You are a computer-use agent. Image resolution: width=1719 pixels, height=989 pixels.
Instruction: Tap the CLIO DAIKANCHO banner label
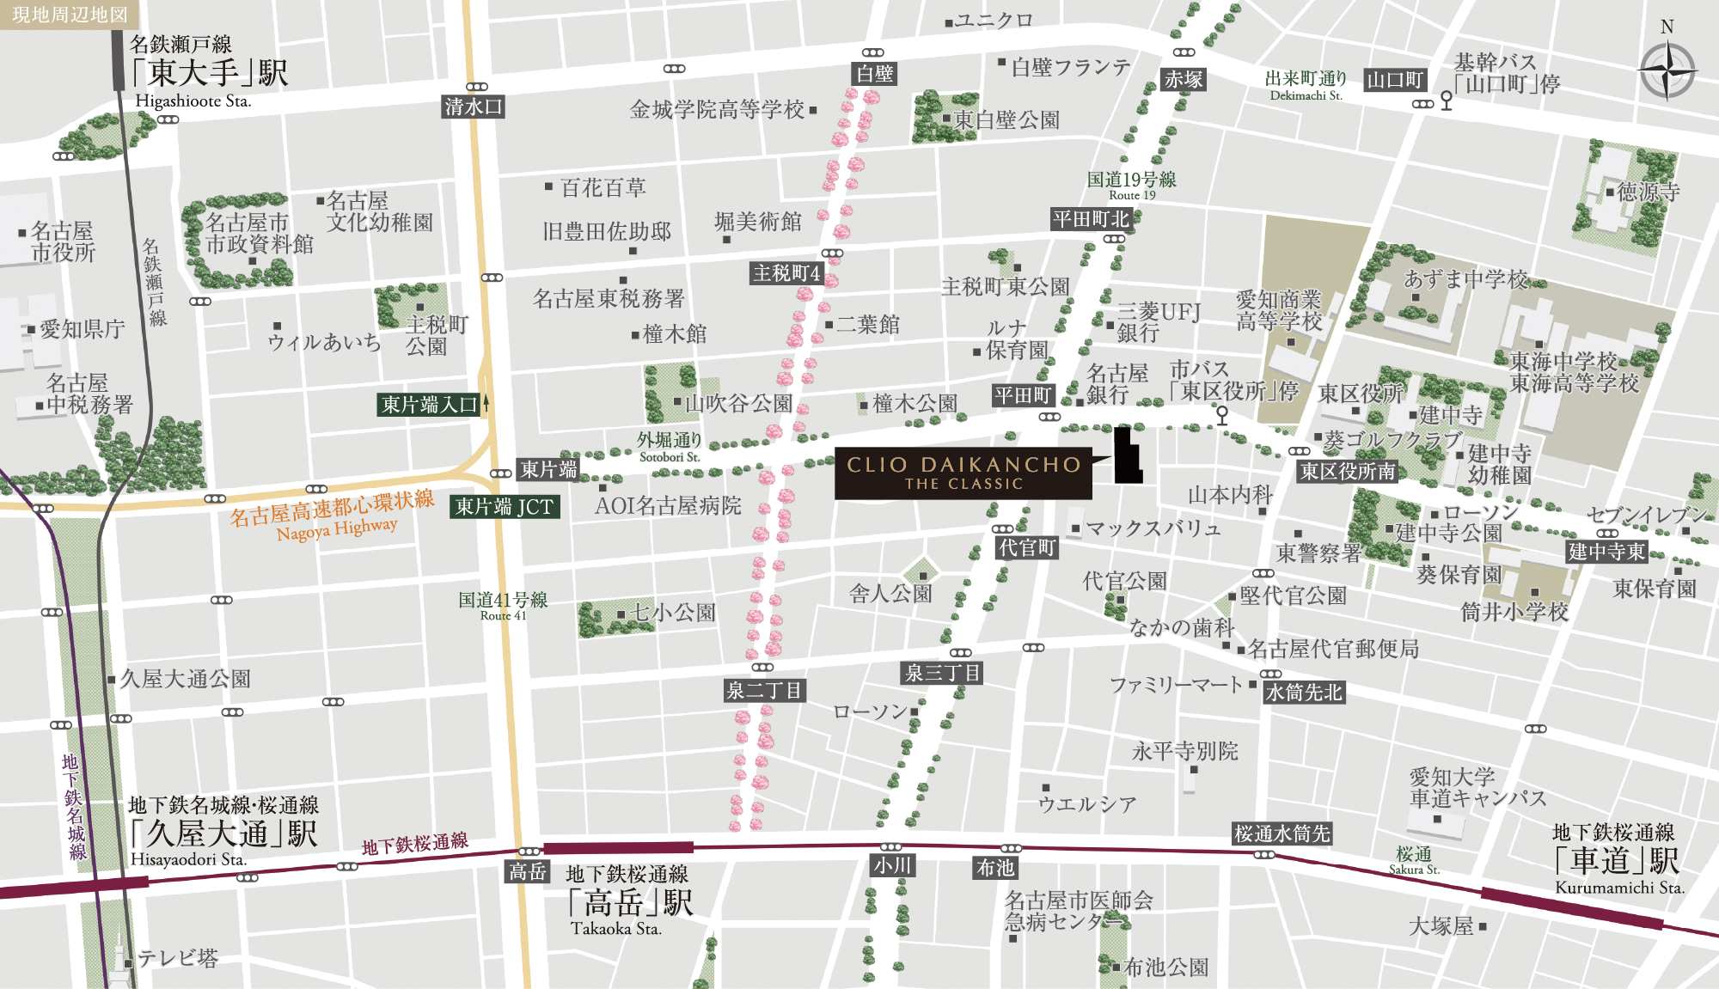tap(963, 473)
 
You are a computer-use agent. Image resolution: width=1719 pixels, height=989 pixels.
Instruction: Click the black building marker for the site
tap(1127, 456)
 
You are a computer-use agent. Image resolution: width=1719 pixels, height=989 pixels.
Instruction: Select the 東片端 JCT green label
tap(505, 507)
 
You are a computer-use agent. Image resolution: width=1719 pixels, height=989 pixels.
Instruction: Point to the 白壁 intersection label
tap(875, 74)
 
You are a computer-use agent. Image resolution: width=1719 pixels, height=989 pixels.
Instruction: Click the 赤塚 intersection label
tap(1184, 80)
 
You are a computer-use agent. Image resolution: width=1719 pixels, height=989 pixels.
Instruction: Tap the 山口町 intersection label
tap(1395, 81)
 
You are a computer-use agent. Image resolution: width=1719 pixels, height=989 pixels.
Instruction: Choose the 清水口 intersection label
tap(473, 107)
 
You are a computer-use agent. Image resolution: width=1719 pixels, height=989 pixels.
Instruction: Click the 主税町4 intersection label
tap(786, 273)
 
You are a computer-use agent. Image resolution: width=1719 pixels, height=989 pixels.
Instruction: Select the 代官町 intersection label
tap(1027, 547)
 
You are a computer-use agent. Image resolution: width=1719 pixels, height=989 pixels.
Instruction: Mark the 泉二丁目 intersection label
tap(764, 690)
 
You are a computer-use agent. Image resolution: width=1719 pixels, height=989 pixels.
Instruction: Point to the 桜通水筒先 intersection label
tap(1282, 833)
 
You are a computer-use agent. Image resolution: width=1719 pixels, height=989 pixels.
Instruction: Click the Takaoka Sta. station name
tap(615, 929)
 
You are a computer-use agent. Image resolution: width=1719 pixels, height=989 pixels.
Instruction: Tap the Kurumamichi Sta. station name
tap(1619, 888)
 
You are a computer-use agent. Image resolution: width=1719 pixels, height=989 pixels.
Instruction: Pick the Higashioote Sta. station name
tap(193, 101)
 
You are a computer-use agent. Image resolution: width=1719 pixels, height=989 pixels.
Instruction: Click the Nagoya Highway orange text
tap(337, 528)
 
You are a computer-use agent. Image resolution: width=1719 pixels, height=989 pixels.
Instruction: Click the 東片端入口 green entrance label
tap(429, 405)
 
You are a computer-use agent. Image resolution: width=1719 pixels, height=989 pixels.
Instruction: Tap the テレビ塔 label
tap(178, 958)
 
